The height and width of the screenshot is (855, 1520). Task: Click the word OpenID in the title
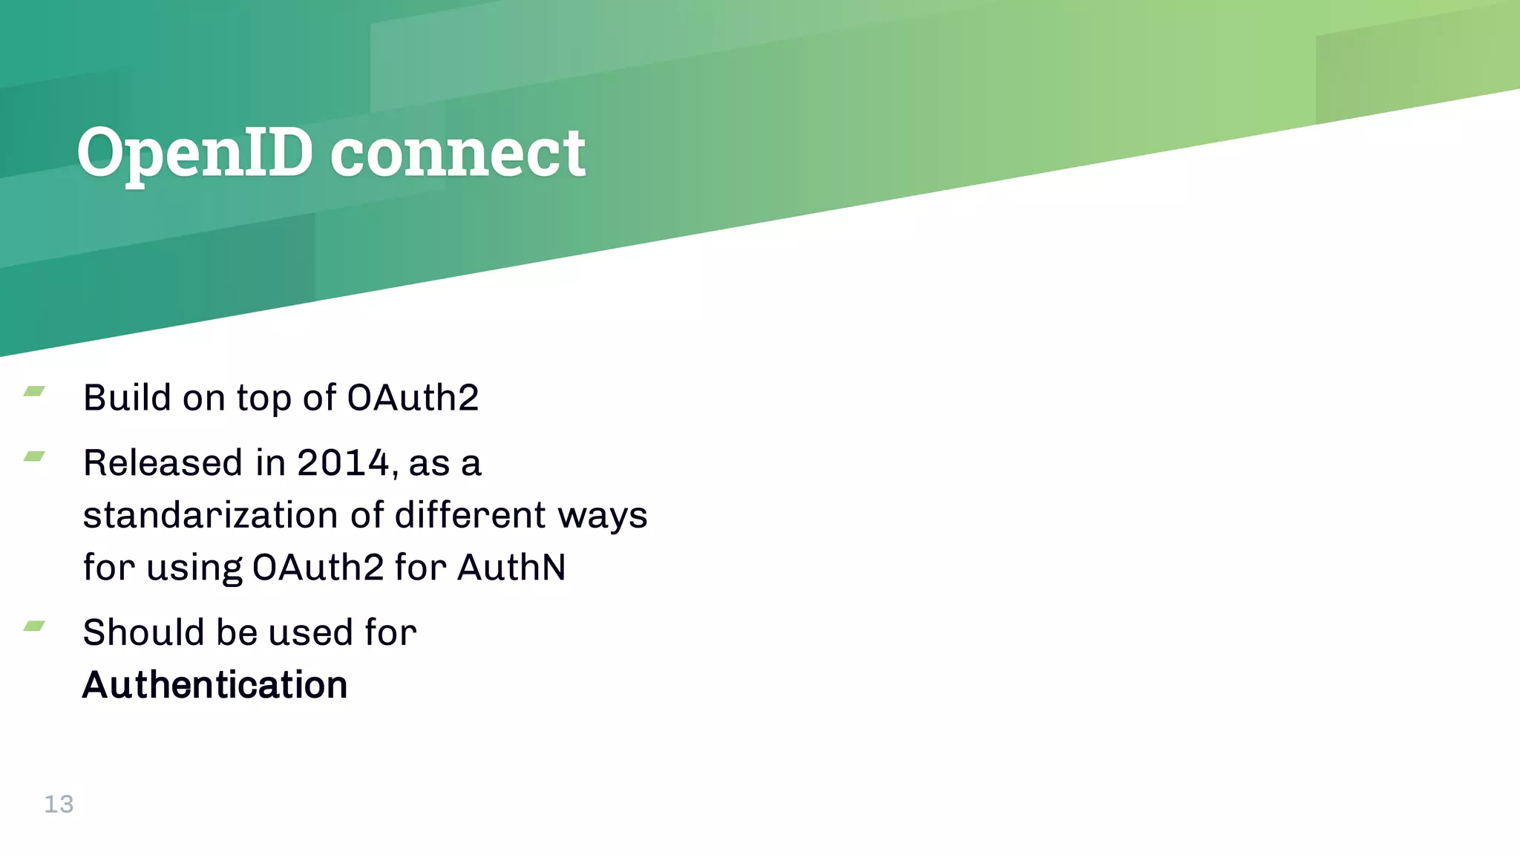194,153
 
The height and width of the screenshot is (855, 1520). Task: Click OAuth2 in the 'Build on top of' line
413,398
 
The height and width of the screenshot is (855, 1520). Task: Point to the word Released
163,463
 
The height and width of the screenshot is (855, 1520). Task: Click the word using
194,569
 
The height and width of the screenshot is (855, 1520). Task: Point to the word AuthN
511,567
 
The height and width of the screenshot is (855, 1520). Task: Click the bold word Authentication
215,684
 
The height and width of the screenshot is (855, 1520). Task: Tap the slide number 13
59,804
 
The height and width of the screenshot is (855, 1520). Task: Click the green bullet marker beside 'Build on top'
34,391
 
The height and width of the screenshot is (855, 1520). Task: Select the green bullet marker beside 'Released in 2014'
34,456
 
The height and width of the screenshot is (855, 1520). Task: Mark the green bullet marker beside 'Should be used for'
34,626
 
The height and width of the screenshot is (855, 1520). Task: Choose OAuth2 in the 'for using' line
318,567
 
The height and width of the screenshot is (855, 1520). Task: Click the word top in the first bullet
263,399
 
